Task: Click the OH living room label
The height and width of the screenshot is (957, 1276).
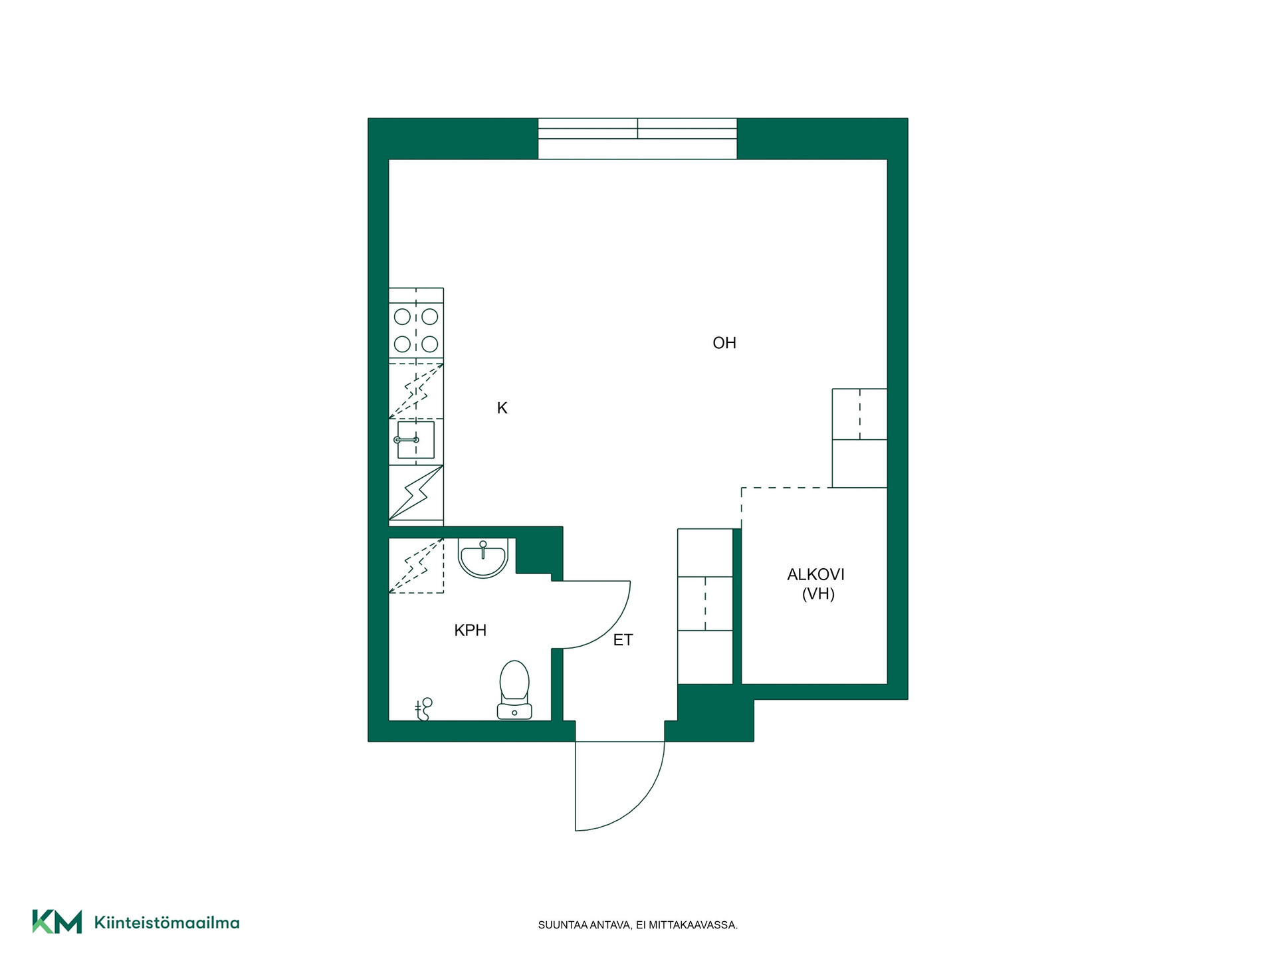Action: coord(724,343)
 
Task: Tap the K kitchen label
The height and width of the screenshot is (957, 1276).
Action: coord(502,408)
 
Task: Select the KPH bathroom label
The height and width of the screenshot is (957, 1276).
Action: coord(471,630)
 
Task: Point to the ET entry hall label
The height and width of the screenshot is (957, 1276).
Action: coord(623,640)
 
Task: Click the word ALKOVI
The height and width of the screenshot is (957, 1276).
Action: coord(816,574)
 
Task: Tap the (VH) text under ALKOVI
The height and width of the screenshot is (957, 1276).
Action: coord(818,593)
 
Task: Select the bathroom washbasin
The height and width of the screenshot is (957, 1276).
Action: coord(483,558)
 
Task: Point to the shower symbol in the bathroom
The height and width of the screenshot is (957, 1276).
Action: coord(423,709)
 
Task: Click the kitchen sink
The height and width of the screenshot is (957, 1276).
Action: coord(416,440)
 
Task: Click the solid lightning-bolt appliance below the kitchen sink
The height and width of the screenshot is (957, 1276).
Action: coord(416,492)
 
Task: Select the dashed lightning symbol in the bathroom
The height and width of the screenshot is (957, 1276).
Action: coord(416,565)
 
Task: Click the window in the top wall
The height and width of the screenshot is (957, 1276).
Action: coord(637,138)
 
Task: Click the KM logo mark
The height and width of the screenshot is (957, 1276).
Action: coord(57,922)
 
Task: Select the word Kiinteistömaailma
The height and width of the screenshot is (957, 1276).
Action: coord(167,922)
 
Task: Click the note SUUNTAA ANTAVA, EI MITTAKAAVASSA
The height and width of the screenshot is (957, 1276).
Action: coord(638,925)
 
